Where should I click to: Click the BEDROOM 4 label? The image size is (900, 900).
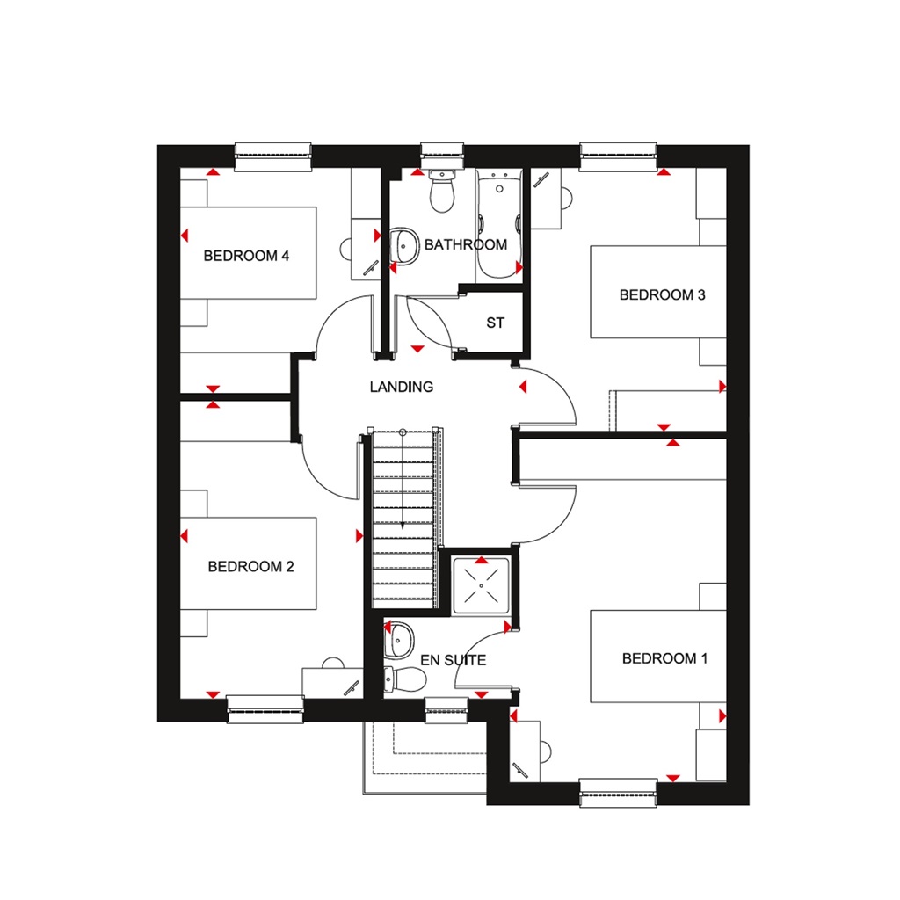[246, 257]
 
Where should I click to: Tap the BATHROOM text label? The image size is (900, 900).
[465, 244]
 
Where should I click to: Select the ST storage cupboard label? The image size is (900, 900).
[496, 323]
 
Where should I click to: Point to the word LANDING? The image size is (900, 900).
[401, 387]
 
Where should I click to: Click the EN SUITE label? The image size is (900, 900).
[453, 659]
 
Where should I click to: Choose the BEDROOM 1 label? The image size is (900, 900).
[664, 658]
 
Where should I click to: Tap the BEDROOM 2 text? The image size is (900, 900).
[250, 567]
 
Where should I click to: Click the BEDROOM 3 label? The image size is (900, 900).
[662, 295]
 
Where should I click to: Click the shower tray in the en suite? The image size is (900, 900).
[481, 584]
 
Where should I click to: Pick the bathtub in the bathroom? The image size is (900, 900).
[499, 224]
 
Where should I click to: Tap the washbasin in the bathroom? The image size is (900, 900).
[403, 245]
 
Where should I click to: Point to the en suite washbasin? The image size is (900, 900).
[400, 640]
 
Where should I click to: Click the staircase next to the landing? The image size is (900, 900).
[403, 519]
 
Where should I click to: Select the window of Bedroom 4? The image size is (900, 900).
[273, 156]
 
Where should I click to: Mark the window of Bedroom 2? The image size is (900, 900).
[265, 708]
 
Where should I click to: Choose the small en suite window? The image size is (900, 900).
[447, 709]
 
